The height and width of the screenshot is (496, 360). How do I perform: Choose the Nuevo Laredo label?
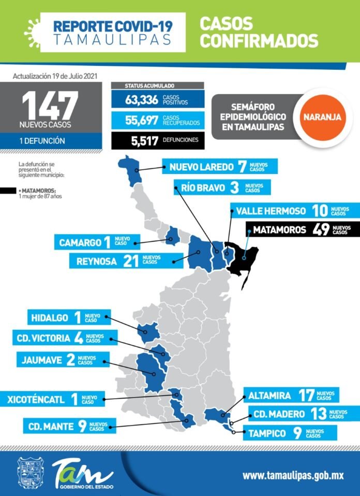click(199, 167)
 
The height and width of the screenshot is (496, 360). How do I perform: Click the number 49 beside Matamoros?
click(321, 229)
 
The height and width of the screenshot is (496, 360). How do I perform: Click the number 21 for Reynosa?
click(130, 261)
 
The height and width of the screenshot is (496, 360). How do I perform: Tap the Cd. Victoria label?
click(43, 339)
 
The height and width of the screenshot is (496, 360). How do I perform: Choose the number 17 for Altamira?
click(306, 396)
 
